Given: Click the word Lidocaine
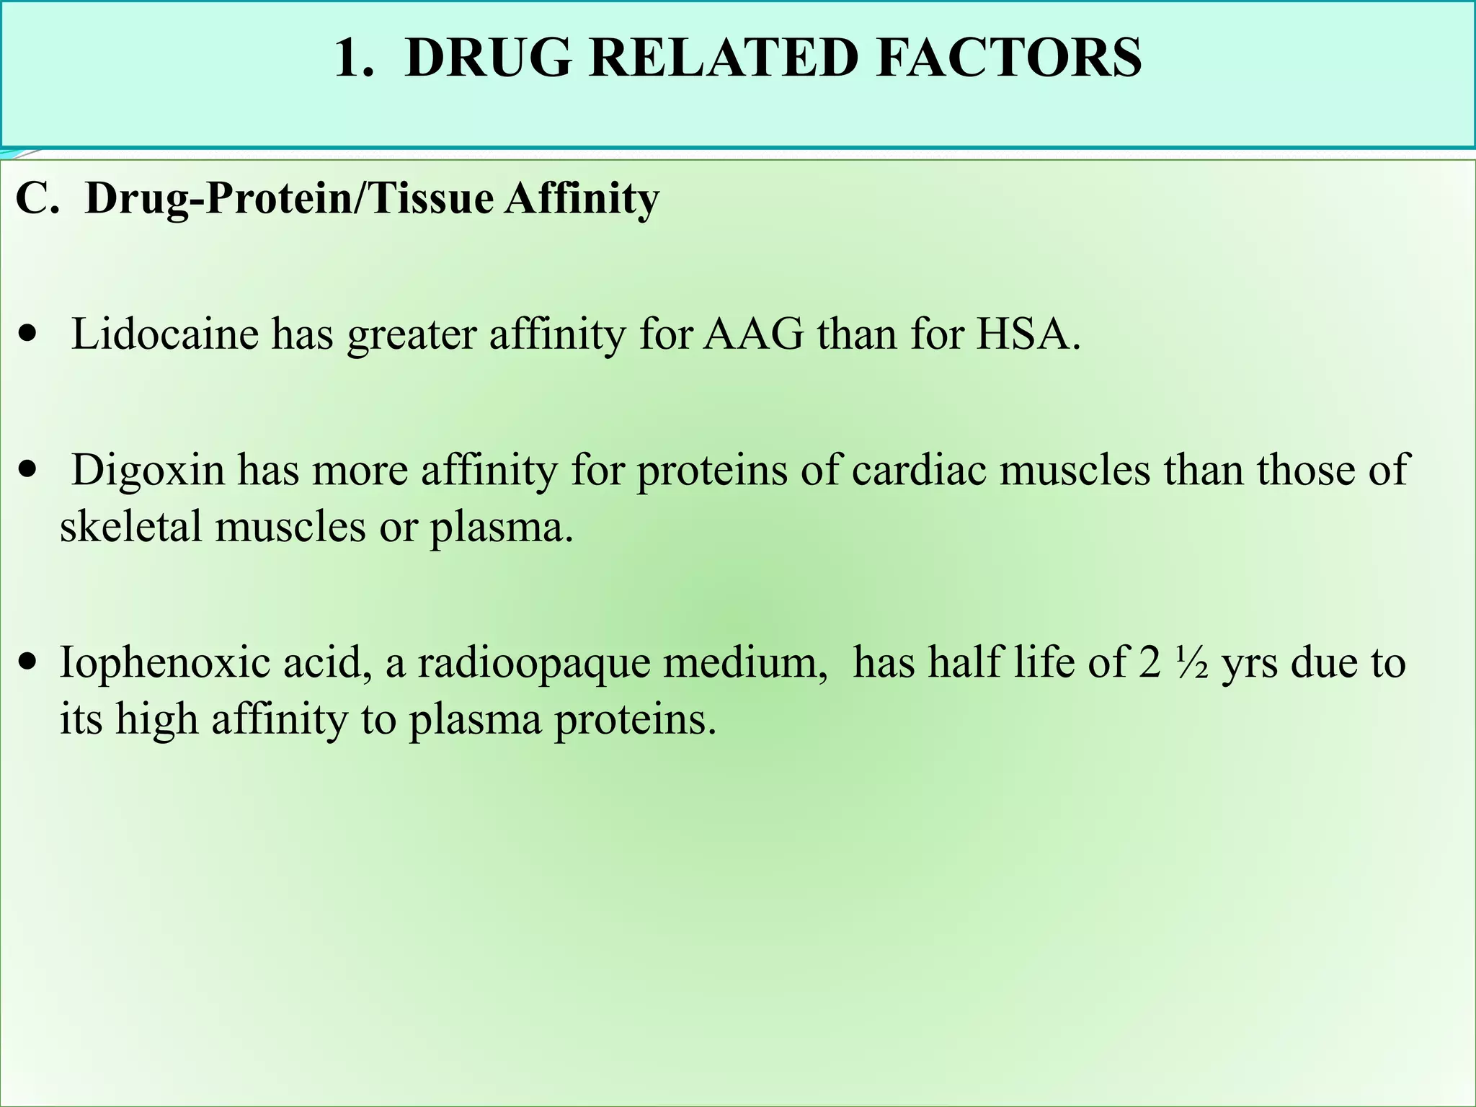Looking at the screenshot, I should coord(165,334).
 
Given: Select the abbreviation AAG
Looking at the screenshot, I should coord(754,334).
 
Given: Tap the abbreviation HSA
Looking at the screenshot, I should coord(1028,334).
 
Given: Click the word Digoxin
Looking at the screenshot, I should coord(148,470).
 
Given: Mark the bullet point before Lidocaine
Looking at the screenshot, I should coord(28,336).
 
